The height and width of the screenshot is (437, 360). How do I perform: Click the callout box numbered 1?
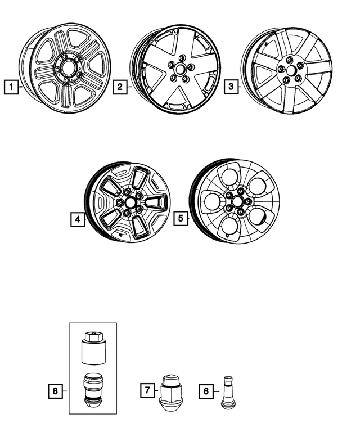coord(10,87)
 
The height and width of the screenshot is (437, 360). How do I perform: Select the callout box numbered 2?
coord(119,87)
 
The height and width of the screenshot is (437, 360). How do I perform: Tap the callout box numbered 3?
coord(231,87)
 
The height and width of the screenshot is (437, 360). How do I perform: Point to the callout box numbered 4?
coord(78,219)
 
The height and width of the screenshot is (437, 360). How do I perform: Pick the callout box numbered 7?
coord(146,390)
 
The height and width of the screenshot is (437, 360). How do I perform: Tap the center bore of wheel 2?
coord(179,69)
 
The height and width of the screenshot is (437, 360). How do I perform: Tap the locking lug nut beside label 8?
coord(92,389)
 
